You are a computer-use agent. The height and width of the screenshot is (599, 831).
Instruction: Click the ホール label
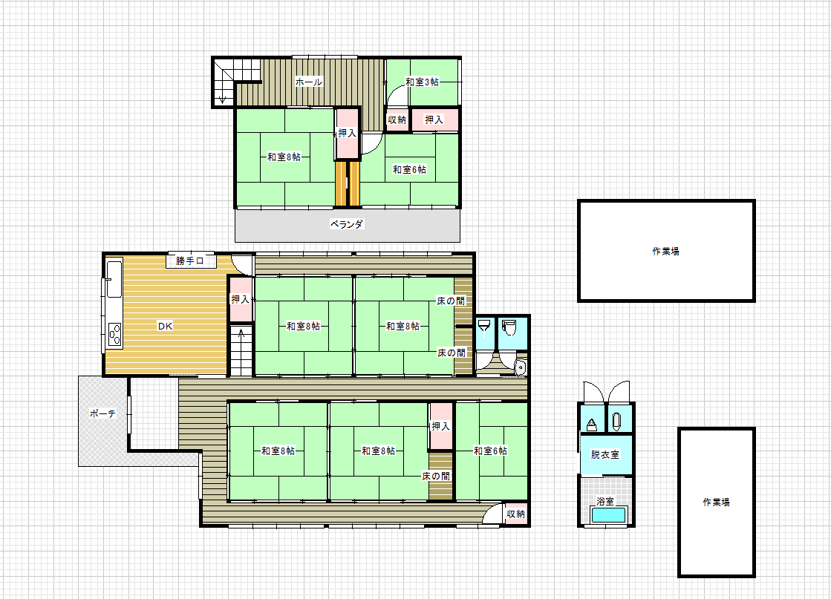pyautogui.click(x=308, y=82)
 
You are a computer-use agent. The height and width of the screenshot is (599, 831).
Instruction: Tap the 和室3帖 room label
pyautogui.click(x=422, y=82)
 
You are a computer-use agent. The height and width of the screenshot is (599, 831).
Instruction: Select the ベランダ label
pyautogui.click(x=347, y=224)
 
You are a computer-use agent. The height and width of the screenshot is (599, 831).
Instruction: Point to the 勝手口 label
pyautogui.click(x=189, y=261)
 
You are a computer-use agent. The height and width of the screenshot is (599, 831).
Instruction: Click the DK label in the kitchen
pyautogui.click(x=165, y=326)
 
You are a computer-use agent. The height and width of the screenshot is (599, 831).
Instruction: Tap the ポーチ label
pyautogui.click(x=102, y=413)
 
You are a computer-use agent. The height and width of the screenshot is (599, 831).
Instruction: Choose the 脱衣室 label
pyautogui.click(x=604, y=454)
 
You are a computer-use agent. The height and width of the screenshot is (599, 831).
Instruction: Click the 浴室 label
pyautogui.click(x=604, y=501)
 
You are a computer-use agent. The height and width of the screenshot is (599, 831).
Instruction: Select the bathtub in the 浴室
pyautogui.click(x=608, y=515)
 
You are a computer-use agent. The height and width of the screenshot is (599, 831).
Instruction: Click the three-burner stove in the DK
pyautogui.click(x=114, y=334)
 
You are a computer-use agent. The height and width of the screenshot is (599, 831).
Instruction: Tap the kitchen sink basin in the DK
pyautogui.click(x=114, y=278)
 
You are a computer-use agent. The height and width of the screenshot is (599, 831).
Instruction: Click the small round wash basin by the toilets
pyautogui.click(x=520, y=367)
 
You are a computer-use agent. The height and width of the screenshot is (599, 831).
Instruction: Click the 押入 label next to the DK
pyautogui.click(x=240, y=299)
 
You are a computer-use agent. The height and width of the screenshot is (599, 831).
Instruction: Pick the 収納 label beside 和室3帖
pyautogui.click(x=397, y=120)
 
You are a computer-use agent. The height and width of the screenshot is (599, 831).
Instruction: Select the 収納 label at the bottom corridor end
pyautogui.click(x=515, y=514)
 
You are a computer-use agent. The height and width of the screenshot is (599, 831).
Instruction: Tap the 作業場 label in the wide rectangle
pyautogui.click(x=665, y=251)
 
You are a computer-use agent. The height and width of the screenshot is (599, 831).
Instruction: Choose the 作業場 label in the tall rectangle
pyautogui.click(x=716, y=502)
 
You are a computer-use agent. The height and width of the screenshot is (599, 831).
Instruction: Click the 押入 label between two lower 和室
pyautogui.click(x=440, y=426)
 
